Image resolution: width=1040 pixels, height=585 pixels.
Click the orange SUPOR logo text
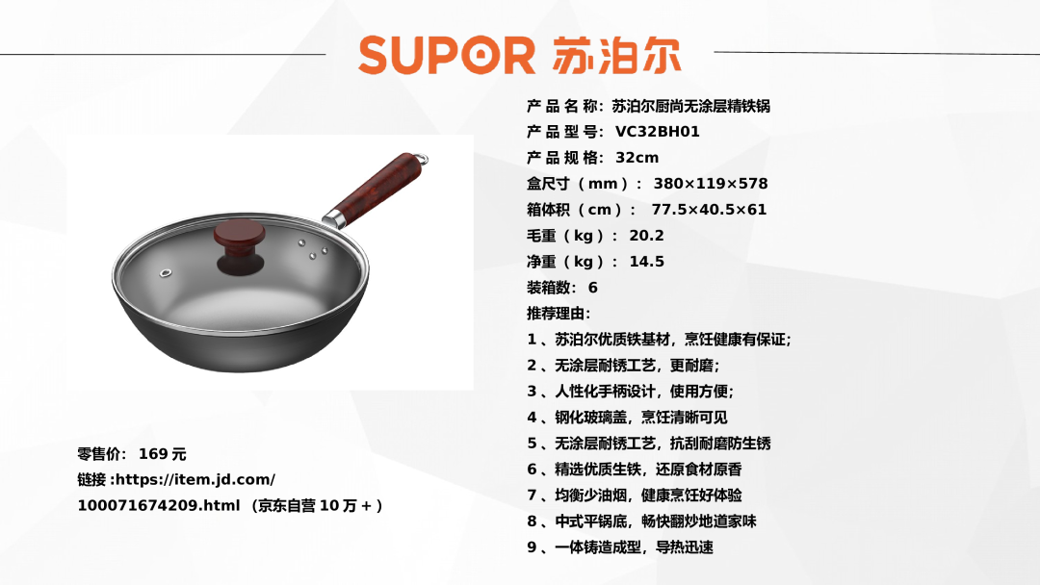(447, 55)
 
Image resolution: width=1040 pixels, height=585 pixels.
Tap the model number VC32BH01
(658, 132)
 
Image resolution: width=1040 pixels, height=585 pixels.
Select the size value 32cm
(637, 158)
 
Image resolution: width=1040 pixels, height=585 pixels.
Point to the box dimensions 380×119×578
(711, 184)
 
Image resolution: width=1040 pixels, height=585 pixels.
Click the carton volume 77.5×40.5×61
(709, 210)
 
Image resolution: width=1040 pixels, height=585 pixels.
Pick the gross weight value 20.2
(647, 235)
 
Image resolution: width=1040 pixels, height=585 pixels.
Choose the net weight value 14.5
(647, 262)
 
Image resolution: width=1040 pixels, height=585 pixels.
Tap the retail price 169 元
(163, 454)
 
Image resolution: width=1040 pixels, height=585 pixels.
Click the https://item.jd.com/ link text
(195, 480)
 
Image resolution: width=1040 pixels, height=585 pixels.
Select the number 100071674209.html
(159, 505)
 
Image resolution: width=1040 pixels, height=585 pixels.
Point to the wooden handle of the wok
(377, 189)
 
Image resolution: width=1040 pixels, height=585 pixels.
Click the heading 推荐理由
(559, 314)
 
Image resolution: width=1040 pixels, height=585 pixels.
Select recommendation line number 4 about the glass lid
(628, 418)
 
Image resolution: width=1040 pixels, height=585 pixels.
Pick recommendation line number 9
(620, 547)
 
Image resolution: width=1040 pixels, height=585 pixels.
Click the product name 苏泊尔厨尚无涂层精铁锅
(690, 106)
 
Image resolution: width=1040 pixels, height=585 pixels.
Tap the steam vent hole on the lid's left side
(166, 273)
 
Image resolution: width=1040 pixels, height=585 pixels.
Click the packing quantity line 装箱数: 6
(562, 288)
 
